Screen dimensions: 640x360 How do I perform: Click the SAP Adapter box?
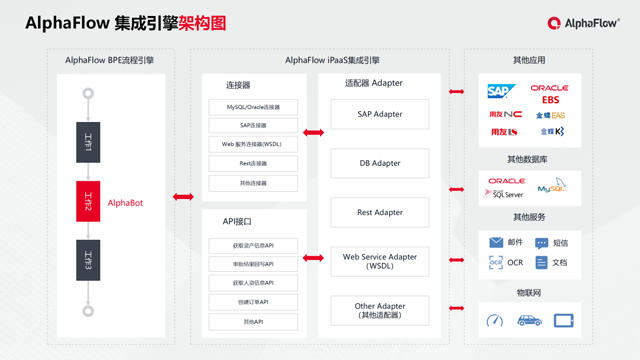click(379, 114)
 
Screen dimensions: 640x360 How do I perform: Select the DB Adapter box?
click(379, 163)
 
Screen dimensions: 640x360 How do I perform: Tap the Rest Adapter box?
click(379, 212)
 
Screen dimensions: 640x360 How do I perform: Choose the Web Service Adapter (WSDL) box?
click(379, 261)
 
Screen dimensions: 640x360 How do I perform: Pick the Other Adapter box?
click(379, 310)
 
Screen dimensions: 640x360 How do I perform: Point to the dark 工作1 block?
click(88, 142)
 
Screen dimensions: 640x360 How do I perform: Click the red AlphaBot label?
click(125, 203)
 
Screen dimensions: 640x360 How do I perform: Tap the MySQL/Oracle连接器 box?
click(253, 107)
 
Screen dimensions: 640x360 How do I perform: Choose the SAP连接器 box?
click(253, 126)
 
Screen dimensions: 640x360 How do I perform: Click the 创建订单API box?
click(253, 302)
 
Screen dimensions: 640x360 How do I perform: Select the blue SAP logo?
click(499, 92)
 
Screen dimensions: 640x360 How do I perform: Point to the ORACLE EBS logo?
click(550, 94)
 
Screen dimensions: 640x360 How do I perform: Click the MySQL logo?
click(552, 187)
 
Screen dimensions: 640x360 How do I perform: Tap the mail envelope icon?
click(496, 243)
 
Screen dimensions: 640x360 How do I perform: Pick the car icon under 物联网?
click(529, 321)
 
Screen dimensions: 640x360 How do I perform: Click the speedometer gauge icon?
click(494, 321)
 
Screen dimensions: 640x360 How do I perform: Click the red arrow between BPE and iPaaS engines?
click(183, 197)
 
